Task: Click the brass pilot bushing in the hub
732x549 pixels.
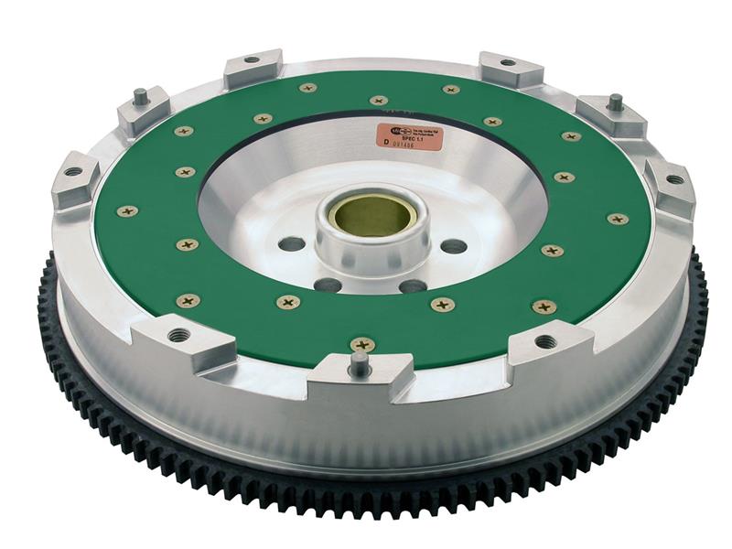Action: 373,216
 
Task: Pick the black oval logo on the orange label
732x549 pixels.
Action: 390,131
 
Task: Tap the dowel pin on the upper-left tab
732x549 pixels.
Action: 140,96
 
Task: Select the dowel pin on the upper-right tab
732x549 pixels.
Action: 616,101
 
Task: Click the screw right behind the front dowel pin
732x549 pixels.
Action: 362,344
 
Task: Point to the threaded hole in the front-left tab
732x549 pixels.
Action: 179,335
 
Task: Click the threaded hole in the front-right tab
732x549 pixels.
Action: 544,341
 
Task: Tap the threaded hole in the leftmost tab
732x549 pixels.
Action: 71,171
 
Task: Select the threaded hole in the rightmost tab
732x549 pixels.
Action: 674,179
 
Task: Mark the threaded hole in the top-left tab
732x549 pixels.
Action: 251,62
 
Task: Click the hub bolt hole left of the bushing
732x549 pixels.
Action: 292,244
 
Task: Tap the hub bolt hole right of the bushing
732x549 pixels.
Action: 453,246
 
